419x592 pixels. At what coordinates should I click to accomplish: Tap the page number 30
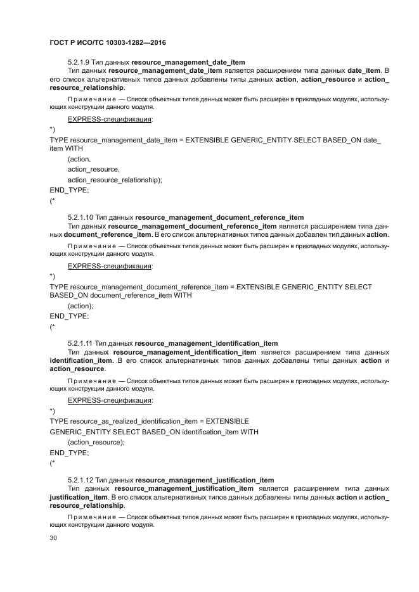(x=54, y=539)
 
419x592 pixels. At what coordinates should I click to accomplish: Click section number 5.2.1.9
(x=79, y=62)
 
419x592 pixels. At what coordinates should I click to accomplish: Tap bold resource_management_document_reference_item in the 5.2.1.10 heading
(x=219, y=217)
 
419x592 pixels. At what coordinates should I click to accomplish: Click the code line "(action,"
(x=79, y=159)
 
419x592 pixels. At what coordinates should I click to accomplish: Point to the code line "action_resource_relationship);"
(x=115, y=179)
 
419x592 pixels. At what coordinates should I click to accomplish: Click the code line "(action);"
(x=81, y=305)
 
